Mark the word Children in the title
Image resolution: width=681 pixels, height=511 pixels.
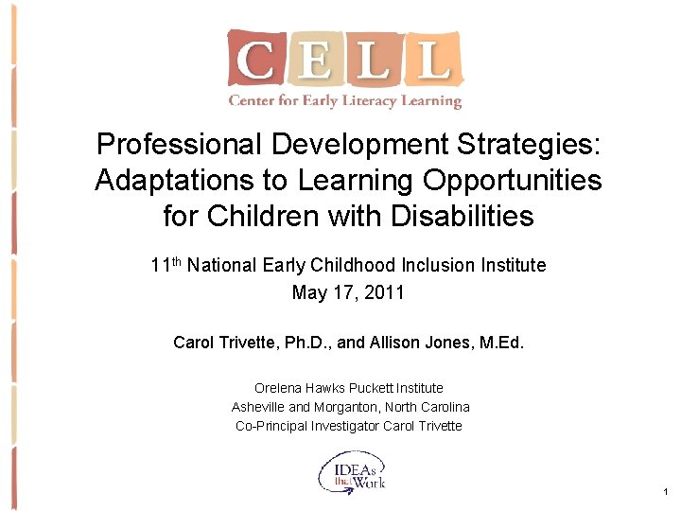259,216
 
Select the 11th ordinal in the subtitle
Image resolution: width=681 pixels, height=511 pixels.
166,264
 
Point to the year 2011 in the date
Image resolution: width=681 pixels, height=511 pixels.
385,292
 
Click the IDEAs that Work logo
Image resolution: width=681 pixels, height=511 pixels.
352,471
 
